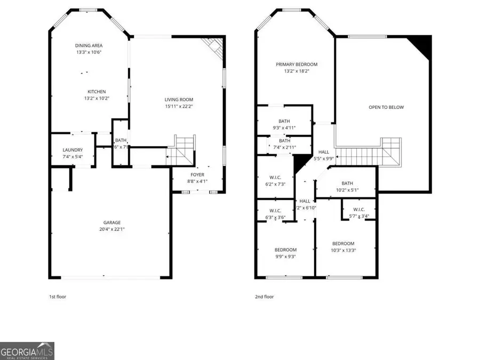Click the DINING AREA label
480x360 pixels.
(88, 45)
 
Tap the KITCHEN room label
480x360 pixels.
(97, 92)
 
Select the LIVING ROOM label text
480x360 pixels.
(179, 99)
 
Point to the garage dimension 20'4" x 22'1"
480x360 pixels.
(112, 229)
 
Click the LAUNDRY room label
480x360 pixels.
(73, 150)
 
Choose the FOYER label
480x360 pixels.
(197, 174)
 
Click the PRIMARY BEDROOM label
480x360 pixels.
(293, 64)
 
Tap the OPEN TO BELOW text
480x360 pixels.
(386, 107)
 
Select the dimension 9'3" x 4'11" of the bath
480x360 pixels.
(284, 128)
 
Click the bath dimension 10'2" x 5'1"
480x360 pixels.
(347, 189)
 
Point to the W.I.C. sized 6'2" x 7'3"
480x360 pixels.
(275, 184)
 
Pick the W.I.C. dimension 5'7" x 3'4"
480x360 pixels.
(358, 216)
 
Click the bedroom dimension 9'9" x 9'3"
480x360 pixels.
(285, 257)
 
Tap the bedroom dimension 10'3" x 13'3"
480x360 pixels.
(343, 250)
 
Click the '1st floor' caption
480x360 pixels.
(58, 297)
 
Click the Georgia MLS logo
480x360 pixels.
(27, 351)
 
